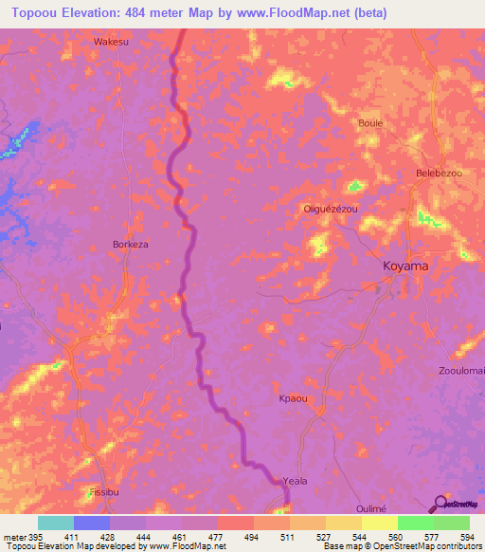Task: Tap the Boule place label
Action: click(x=369, y=123)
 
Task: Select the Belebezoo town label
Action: click(x=439, y=174)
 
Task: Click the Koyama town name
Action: click(x=404, y=267)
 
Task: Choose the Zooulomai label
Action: click(x=461, y=370)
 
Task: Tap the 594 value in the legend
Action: click(x=466, y=537)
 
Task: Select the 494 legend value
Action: click(x=251, y=537)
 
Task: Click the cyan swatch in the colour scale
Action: click(x=56, y=523)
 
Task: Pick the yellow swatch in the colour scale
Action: click(x=379, y=523)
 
